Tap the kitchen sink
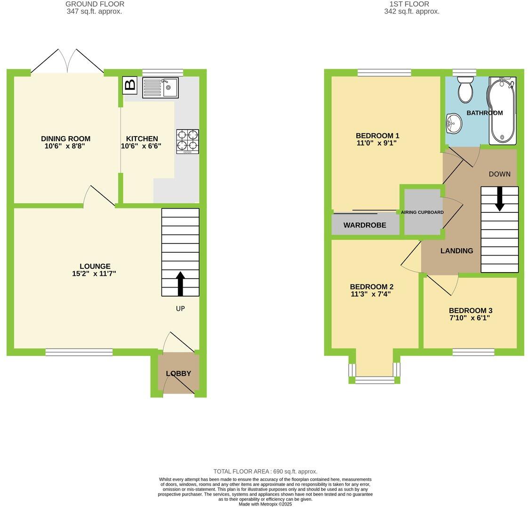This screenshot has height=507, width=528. tap(160, 88)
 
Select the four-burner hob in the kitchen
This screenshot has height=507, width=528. tap(187, 141)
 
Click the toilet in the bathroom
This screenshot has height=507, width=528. tap(465, 89)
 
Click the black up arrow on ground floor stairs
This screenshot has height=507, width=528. tap(180, 283)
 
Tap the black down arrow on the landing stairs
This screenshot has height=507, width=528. tap(499, 199)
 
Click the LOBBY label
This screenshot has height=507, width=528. tap(178, 374)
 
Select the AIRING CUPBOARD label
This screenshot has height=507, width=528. tap(422, 212)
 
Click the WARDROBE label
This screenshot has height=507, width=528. tap(365, 225)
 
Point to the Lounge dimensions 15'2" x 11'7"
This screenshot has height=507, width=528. tap(95, 274)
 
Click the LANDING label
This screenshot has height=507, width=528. tap(456, 251)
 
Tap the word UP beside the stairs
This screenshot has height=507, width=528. tap(180, 309)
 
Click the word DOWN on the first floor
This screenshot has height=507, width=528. tap(499, 174)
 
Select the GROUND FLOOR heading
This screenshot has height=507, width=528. tap(95, 4)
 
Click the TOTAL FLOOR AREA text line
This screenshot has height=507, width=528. tap(265, 471)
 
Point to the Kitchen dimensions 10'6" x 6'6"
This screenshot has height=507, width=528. tap(141, 146)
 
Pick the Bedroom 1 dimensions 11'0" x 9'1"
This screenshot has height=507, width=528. tap(377, 143)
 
